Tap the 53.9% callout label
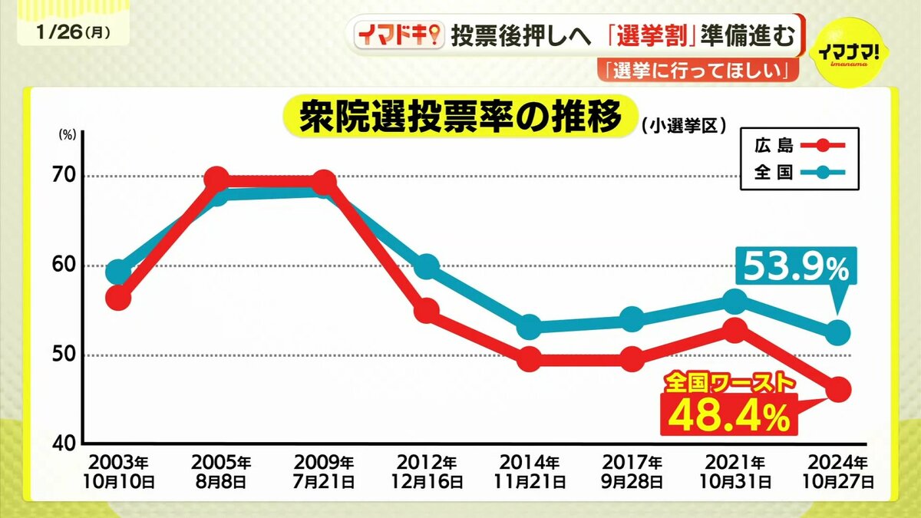tap(794, 269)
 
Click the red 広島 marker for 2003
tap(118, 298)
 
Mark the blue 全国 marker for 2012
tap(426, 266)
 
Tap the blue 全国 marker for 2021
tap(734, 300)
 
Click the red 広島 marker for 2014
tap(529, 358)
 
